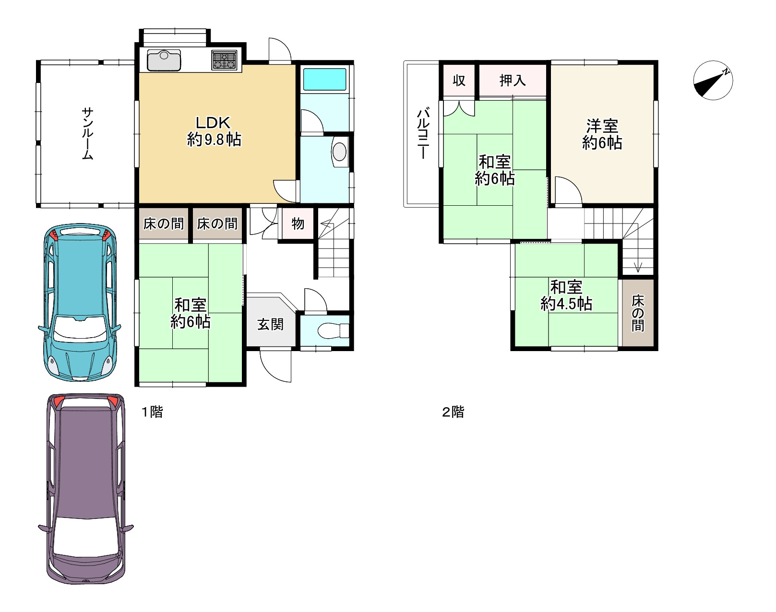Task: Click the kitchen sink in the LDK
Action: pos(164,60)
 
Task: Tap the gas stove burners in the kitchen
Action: pos(224,60)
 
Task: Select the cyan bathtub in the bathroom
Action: pos(324,79)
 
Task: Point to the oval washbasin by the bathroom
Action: pos(339,152)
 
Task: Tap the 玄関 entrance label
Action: pos(271,324)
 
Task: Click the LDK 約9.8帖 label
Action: pos(214,131)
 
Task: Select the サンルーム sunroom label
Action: pos(88,134)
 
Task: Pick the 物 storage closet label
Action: pos(298,224)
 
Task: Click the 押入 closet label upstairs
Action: pos(513,81)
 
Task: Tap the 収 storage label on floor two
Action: pos(459,81)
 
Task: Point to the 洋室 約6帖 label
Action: pos(602,134)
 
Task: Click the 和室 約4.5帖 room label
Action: pos(566,295)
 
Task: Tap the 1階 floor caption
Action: pos(153,412)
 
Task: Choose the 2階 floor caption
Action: pos(454,412)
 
